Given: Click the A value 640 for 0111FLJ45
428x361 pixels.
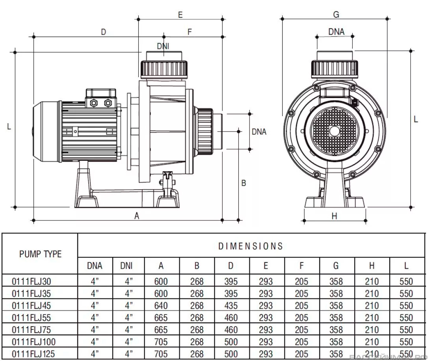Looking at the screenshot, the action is (x=161, y=306).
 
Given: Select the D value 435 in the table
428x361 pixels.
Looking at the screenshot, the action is (x=231, y=306).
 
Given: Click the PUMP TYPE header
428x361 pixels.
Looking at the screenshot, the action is (x=41, y=254).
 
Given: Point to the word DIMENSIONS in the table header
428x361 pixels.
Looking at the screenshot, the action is (x=251, y=246).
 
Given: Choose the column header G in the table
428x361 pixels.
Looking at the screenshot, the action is (x=336, y=266).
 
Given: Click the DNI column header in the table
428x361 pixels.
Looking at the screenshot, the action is (x=127, y=266).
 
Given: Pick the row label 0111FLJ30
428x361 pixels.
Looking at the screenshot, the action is (x=32, y=281).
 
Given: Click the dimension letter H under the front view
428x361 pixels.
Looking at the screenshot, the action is (x=334, y=216).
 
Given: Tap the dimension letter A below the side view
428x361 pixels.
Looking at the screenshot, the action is (x=137, y=216).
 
